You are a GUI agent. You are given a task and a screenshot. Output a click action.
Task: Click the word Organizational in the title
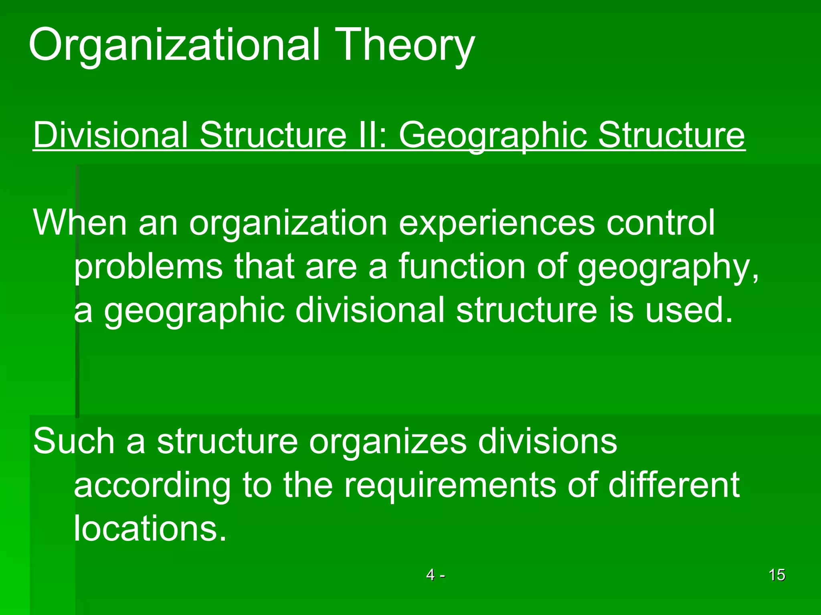coord(174,45)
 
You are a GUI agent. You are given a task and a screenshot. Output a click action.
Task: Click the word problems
coord(148,266)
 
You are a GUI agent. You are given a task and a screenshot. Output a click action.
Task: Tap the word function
coord(461,266)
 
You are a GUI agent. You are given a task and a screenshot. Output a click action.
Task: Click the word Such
coord(74,441)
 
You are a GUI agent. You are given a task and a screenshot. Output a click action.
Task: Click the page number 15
coord(777,575)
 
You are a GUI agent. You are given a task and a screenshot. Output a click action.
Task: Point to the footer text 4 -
coord(435,575)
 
